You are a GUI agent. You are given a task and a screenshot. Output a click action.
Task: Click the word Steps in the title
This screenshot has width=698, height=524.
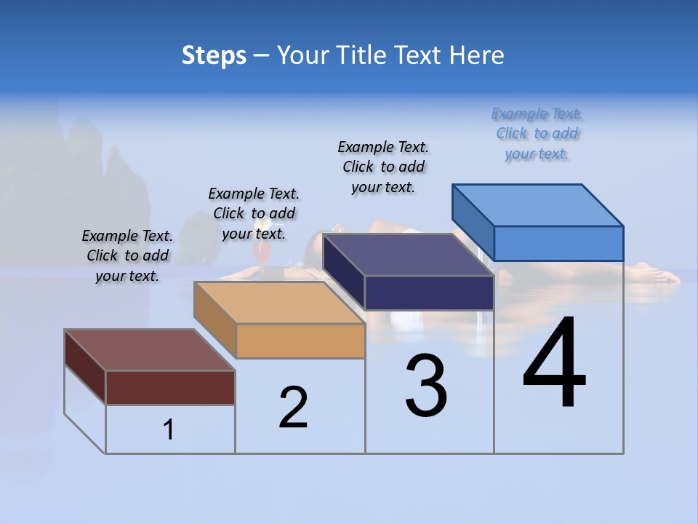point(214,55)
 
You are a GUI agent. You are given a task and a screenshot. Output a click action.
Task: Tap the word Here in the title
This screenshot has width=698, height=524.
point(478,55)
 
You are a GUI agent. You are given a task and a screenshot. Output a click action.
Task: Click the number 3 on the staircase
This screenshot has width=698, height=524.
point(426,386)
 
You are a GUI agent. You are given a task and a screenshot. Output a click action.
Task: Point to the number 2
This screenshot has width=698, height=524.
point(294,407)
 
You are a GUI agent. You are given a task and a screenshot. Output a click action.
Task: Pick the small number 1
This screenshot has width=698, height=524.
point(169,429)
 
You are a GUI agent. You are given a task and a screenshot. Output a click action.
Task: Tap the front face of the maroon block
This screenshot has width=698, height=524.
point(170,387)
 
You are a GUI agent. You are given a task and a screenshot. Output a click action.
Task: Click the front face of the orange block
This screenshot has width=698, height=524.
point(300,341)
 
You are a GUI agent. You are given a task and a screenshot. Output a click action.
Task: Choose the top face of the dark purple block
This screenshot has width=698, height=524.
point(408,255)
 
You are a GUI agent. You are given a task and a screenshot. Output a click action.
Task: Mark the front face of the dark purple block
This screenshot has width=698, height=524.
point(429,293)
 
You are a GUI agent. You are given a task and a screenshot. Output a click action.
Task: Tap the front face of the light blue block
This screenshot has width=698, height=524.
point(558,243)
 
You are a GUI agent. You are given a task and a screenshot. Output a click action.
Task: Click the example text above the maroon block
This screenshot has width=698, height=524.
point(127,255)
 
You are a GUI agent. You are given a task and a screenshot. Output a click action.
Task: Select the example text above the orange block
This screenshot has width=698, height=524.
point(254,213)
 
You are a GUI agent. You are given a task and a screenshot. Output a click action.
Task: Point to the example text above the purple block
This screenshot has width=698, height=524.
point(383,167)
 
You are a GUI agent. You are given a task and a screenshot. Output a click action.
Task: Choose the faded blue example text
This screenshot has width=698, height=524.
point(537,133)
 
